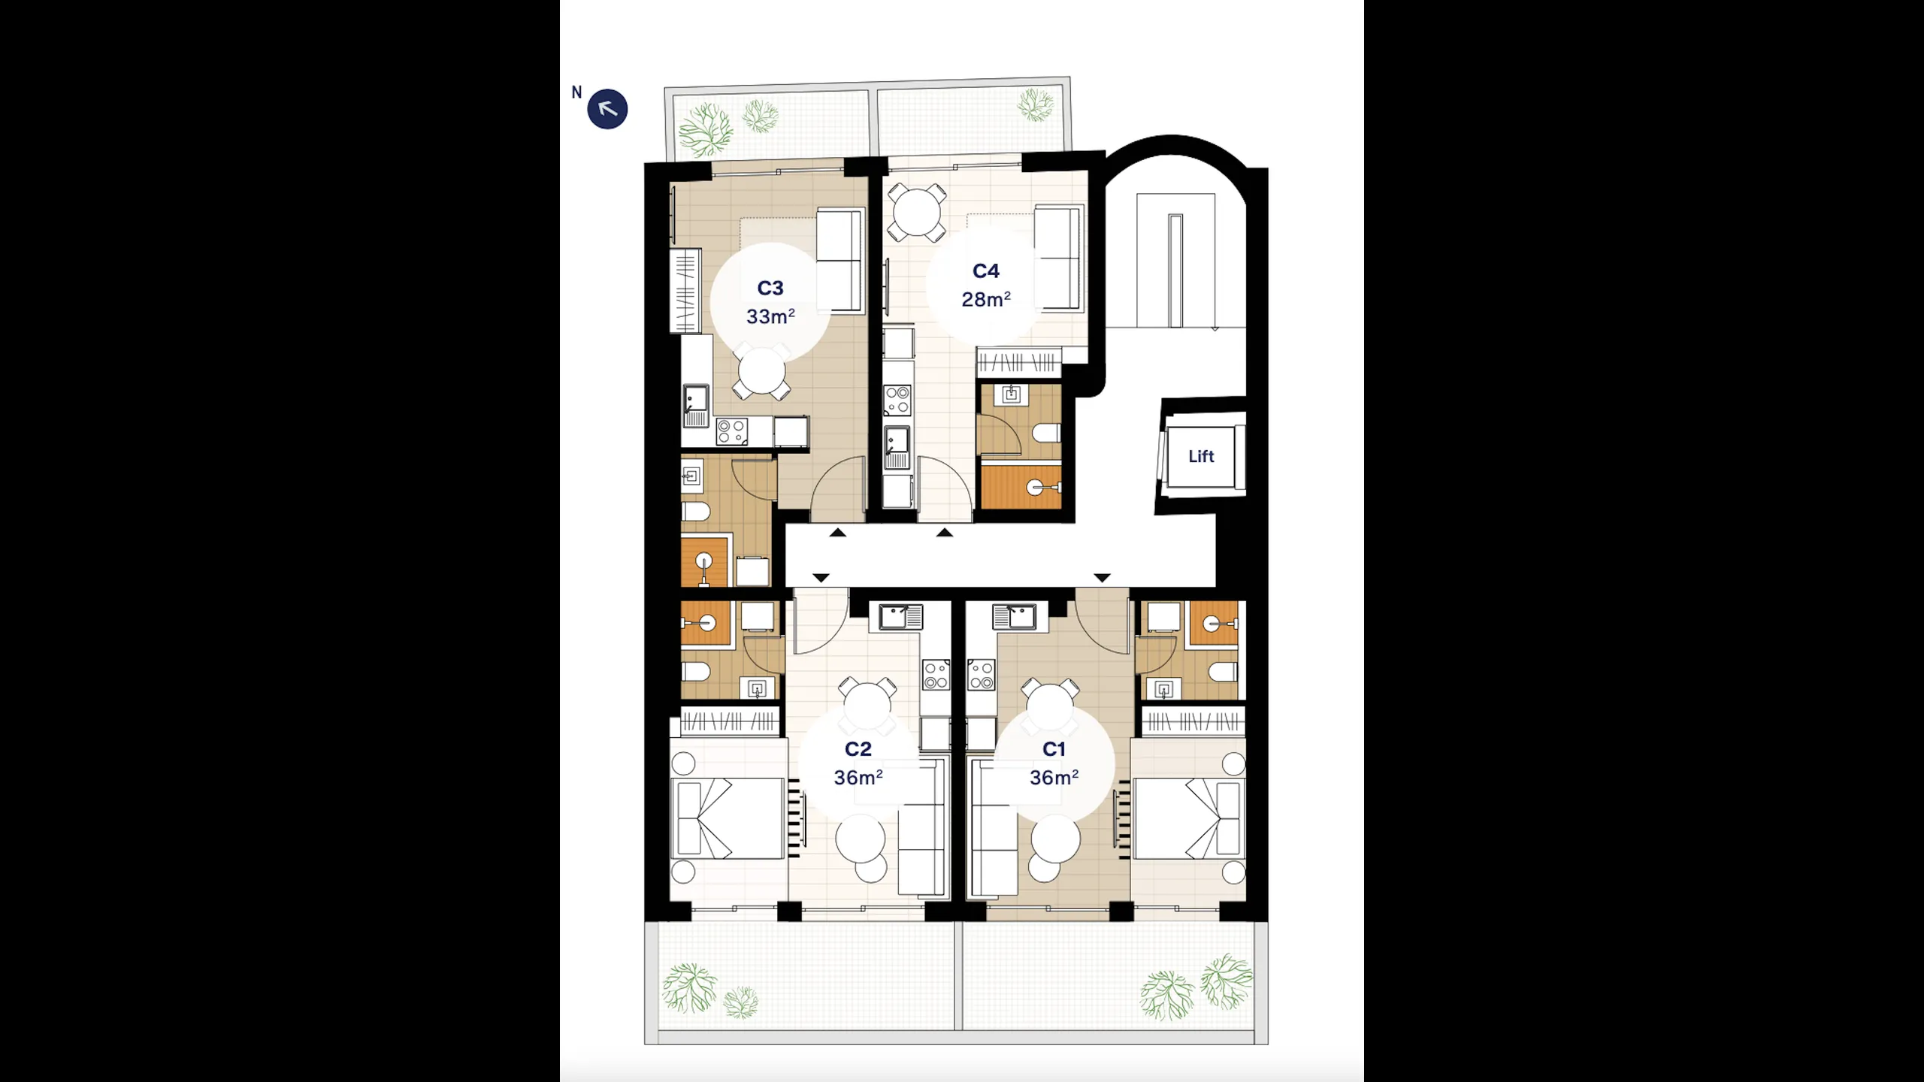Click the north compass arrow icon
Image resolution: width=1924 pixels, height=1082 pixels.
click(x=607, y=109)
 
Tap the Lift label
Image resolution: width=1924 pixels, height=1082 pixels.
click(x=1201, y=456)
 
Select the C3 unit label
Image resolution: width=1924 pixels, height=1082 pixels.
click(x=770, y=288)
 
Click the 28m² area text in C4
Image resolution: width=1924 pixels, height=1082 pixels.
click(x=986, y=299)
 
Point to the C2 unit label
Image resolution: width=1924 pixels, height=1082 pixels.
click(x=858, y=749)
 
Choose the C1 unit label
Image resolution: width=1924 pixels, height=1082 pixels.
click(x=1054, y=749)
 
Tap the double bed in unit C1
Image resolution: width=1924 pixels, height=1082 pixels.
click(x=1187, y=818)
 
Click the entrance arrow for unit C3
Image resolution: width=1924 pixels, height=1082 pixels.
click(x=838, y=533)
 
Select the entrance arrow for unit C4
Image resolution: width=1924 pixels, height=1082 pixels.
click(x=945, y=533)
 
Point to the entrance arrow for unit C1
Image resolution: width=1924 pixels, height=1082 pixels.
click(x=1102, y=578)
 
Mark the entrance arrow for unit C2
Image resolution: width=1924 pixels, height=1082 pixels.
click(x=821, y=578)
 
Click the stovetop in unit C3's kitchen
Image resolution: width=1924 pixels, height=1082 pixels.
click(x=731, y=431)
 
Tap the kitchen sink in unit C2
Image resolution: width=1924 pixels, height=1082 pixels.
click(x=895, y=617)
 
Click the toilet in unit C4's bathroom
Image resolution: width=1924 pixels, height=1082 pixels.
click(x=1046, y=433)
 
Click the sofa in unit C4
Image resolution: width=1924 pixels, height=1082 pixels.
click(x=1059, y=258)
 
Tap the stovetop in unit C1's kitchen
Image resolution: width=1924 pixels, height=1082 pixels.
click(x=981, y=675)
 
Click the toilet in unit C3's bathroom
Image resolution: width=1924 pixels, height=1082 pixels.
click(x=695, y=512)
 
